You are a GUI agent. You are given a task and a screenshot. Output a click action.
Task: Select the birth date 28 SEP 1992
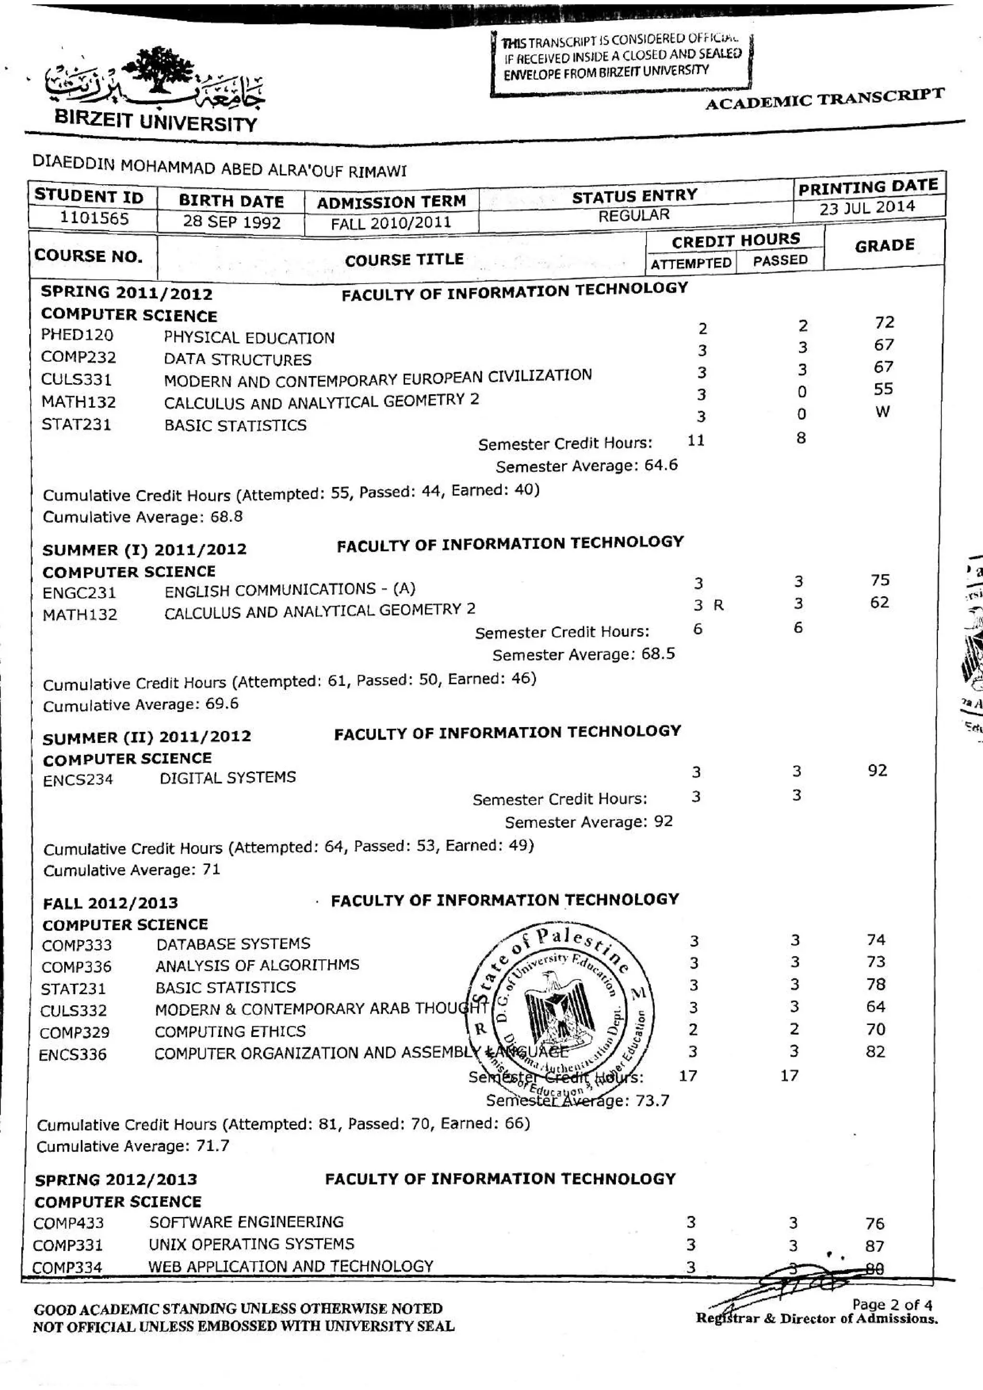click(231, 222)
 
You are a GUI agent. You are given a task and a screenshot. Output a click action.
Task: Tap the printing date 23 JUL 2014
click(867, 208)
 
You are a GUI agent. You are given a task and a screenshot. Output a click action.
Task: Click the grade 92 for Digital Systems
click(877, 771)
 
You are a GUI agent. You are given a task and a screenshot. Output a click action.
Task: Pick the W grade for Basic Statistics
click(883, 412)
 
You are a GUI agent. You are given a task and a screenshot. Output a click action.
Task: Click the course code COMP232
click(78, 357)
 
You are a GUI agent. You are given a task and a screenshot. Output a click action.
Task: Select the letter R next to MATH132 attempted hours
click(719, 605)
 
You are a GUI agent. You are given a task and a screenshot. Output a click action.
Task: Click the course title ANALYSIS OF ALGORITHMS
click(257, 965)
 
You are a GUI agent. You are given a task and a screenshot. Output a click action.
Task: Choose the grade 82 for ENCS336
click(875, 1051)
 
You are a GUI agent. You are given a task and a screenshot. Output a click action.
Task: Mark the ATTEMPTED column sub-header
click(691, 263)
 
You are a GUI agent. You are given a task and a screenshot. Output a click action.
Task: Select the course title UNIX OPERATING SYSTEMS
click(252, 1244)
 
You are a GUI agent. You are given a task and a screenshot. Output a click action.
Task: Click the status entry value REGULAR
click(634, 215)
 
